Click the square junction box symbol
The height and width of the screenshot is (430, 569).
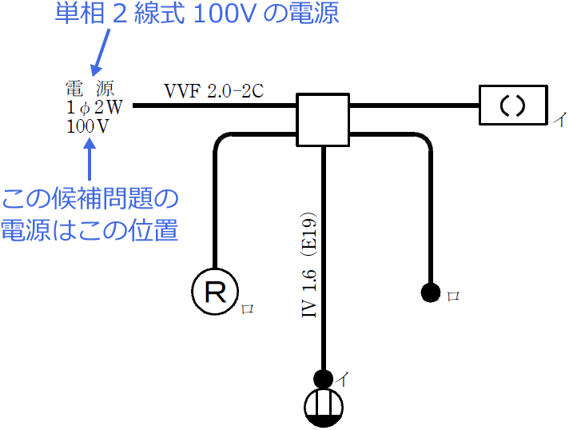(x=323, y=119)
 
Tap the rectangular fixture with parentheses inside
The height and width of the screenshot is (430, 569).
(x=511, y=105)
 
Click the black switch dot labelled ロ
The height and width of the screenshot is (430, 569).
(x=431, y=293)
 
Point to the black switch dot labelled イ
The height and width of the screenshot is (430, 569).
(x=324, y=377)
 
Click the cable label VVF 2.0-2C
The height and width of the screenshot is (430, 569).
(x=213, y=90)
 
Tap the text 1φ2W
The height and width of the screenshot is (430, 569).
(x=90, y=107)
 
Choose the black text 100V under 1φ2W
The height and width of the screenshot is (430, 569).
(x=89, y=126)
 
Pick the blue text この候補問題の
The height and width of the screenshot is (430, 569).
(x=90, y=199)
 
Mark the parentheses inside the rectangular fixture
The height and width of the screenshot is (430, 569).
(x=511, y=105)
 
